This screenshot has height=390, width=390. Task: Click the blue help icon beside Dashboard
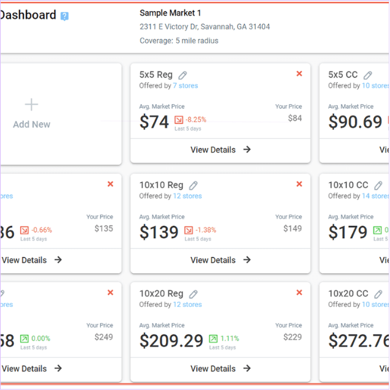pyautogui.click(x=65, y=16)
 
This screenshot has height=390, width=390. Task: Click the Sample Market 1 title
pyautogui.click(x=170, y=13)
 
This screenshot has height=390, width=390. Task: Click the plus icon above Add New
pyautogui.click(x=31, y=105)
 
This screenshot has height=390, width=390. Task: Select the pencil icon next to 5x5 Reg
pyautogui.click(x=183, y=75)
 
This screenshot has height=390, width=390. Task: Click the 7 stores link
pyautogui.click(x=185, y=86)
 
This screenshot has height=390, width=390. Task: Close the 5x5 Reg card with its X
pyautogui.click(x=299, y=73)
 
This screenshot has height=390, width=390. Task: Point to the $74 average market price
pyautogui.click(x=154, y=122)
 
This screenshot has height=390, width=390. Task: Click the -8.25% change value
pyautogui.click(x=196, y=120)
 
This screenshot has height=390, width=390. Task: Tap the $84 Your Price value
pyautogui.click(x=295, y=118)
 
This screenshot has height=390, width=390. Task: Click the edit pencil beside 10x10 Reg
pyautogui.click(x=193, y=185)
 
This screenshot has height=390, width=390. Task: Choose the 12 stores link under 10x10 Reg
pyautogui.click(x=187, y=196)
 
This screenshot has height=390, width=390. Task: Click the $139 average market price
pyautogui.click(x=159, y=232)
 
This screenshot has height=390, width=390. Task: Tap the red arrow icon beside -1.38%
pyautogui.click(x=188, y=230)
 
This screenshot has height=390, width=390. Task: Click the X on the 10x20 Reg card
pyautogui.click(x=299, y=293)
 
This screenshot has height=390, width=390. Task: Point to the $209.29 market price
pyautogui.click(x=171, y=340)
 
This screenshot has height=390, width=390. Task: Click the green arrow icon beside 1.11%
pyautogui.click(x=213, y=339)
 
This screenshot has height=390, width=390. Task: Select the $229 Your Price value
pyautogui.click(x=293, y=337)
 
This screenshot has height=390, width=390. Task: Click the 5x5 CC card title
pyautogui.click(x=343, y=75)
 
